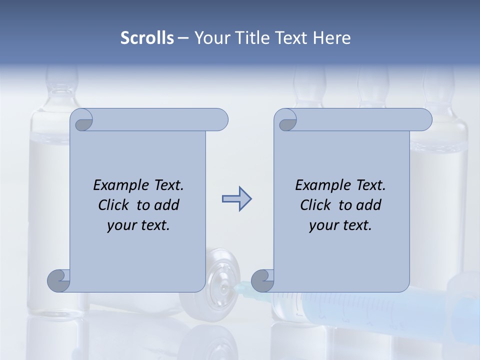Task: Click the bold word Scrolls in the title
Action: click(147, 38)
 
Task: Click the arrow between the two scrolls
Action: click(236, 199)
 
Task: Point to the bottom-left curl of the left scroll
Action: click(58, 280)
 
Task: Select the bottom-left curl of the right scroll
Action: click(262, 280)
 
